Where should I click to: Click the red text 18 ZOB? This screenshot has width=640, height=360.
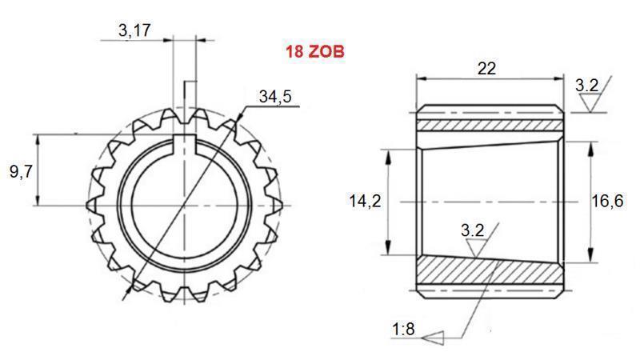point(314,54)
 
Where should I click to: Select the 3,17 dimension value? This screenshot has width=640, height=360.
point(134,31)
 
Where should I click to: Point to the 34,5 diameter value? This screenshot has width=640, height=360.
point(275,97)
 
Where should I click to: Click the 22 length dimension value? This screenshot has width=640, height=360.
point(486,68)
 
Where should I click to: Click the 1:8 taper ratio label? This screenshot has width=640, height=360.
point(404,329)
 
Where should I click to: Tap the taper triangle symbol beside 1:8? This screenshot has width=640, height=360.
point(434,337)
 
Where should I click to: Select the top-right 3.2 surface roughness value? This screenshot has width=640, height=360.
point(586,85)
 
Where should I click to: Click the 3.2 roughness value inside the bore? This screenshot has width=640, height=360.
point(473,230)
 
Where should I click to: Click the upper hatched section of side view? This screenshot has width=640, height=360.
point(488,126)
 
